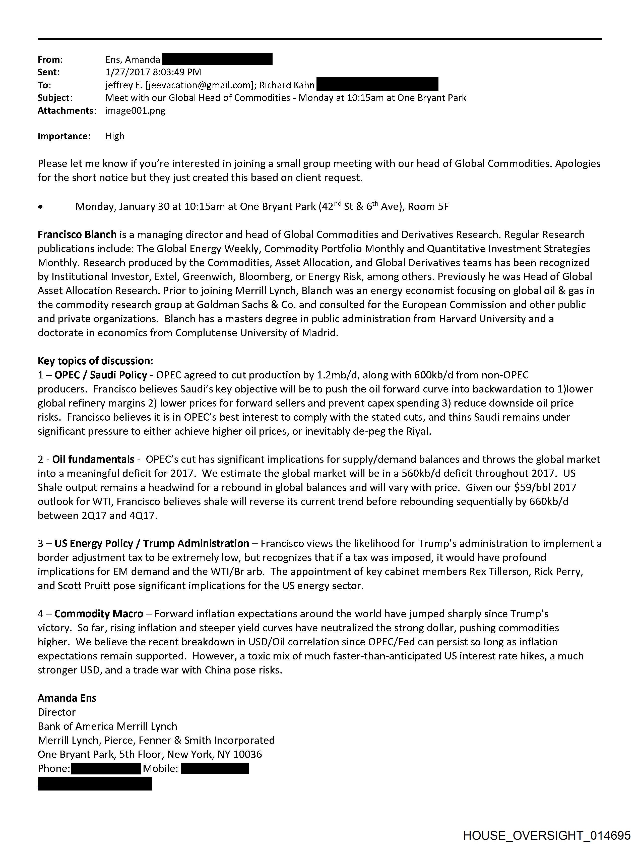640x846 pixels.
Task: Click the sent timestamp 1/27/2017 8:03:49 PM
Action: point(153,72)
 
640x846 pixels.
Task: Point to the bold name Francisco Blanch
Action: point(77,235)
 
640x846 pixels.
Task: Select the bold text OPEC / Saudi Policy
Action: point(101,375)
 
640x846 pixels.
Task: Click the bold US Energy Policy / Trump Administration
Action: point(152,543)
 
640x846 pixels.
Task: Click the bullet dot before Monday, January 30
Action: point(40,207)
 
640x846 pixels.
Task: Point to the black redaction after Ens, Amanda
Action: point(217,59)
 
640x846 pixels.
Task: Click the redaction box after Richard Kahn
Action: point(377,85)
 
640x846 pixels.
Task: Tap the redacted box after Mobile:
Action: point(215,768)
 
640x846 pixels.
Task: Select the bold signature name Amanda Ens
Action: point(67,698)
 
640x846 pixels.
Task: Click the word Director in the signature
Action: point(56,712)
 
